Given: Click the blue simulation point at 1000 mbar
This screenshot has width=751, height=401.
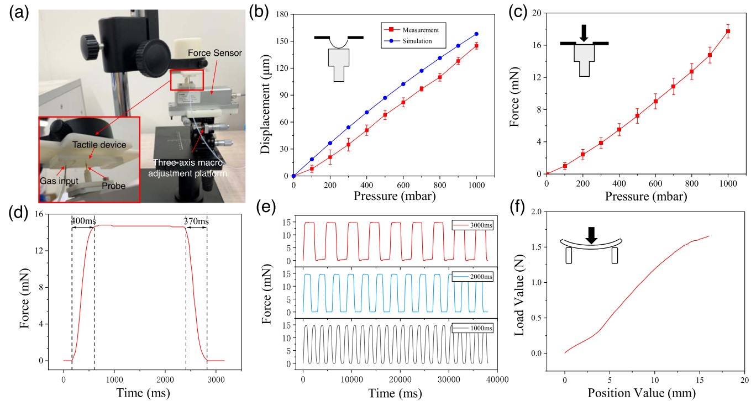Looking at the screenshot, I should (476, 34).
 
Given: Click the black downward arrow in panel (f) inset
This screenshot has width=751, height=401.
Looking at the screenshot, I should (591, 235).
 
